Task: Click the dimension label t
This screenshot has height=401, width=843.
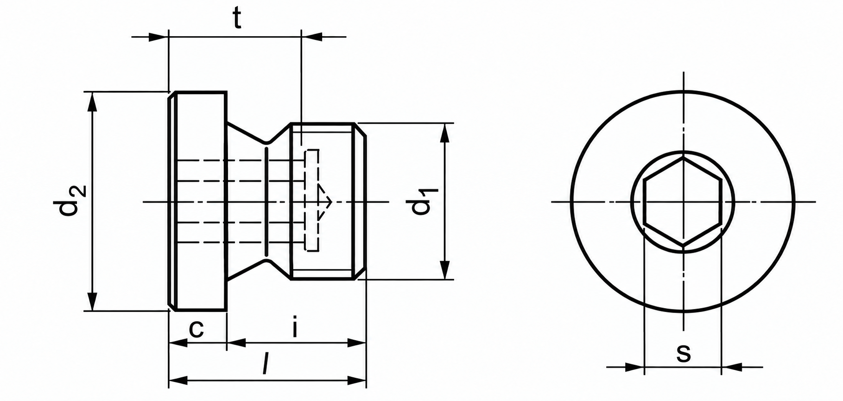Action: (x=237, y=19)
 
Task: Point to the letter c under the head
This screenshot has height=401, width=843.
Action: (x=196, y=329)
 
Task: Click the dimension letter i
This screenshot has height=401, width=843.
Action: (x=295, y=327)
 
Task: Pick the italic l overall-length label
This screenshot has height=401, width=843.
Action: (x=265, y=363)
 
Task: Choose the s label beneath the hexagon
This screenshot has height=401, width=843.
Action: (x=683, y=353)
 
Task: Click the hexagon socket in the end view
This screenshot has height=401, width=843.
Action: (x=683, y=202)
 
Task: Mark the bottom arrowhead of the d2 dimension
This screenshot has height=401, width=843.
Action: (x=93, y=301)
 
